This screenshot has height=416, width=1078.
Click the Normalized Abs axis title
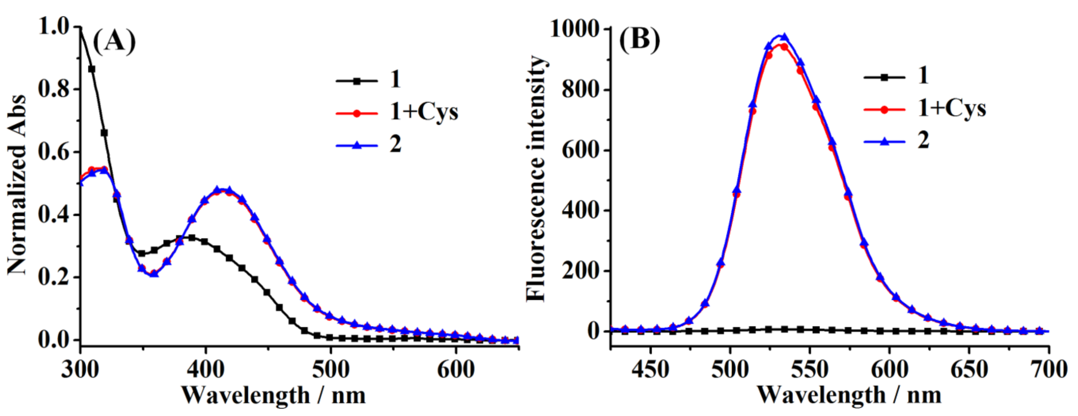(18, 184)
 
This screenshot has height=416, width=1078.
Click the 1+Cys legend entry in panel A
(423, 112)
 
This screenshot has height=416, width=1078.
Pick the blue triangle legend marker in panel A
(357, 145)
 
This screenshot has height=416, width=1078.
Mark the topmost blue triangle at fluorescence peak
(784, 37)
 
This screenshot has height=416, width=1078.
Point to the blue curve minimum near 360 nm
(154, 274)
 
